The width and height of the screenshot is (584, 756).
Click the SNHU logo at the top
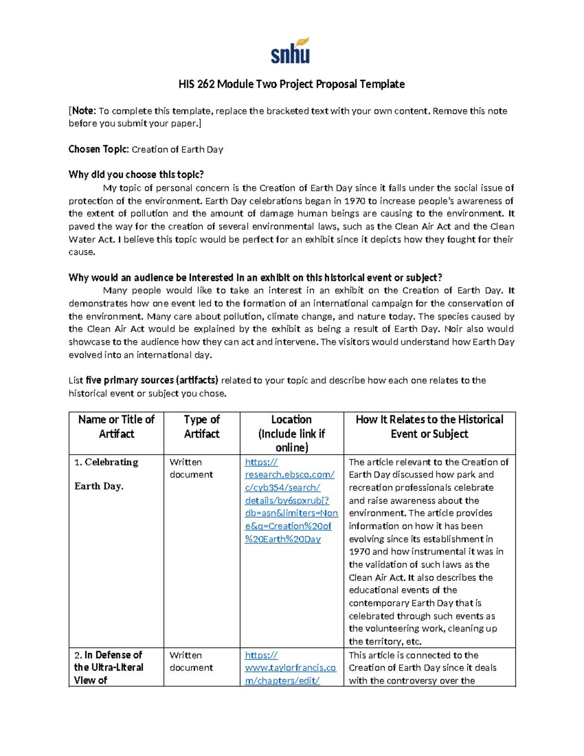pos(291,51)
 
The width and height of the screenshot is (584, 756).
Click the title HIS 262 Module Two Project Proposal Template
pos(292,84)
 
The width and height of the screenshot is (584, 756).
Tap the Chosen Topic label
pos(98,149)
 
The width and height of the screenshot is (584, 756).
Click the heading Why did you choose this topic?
pos(136,175)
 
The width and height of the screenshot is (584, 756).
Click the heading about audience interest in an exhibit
pos(255,278)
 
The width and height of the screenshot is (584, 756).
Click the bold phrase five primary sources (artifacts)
pos(151,381)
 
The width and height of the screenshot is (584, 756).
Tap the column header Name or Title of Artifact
pos(116,426)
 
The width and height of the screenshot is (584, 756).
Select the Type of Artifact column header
pos(201,426)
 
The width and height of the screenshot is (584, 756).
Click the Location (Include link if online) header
pos(292,433)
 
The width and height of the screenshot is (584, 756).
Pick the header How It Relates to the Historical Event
pos(429,426)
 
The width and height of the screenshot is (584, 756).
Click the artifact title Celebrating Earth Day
pos(106,474)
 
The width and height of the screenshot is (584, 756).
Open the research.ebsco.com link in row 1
pos(291,500)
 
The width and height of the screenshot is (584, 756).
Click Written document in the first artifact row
pos(191,468)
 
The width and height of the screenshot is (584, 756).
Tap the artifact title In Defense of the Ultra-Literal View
pos(109,667)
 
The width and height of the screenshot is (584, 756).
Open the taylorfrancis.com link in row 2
pos(290,668)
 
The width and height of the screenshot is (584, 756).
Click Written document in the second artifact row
pos(191,662)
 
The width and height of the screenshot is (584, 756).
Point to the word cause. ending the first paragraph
pos(82,252)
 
